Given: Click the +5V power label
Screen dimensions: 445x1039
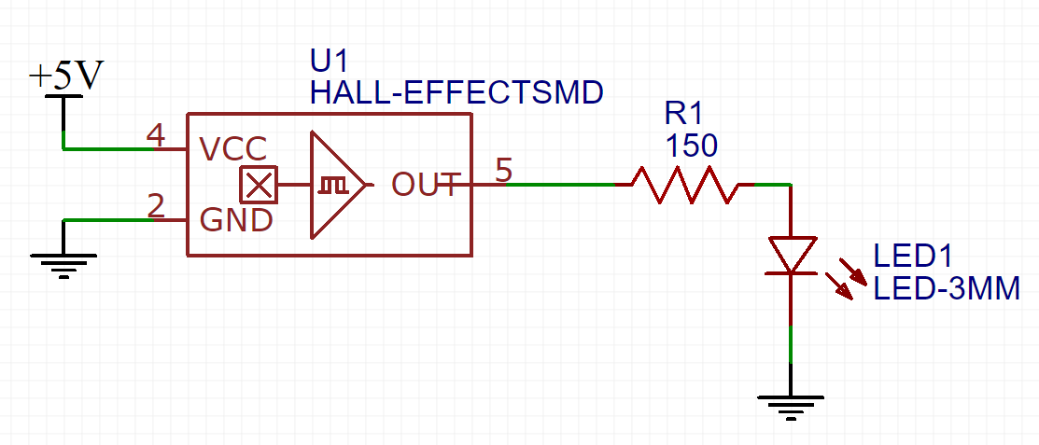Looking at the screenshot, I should pos(65,77).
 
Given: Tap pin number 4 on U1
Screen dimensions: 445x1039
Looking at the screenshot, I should pos(157,136).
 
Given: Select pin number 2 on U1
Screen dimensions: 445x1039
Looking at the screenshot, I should pos(157,206).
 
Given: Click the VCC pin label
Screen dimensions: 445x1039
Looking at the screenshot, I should pos(233,149).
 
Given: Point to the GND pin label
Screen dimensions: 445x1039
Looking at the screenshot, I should pos(236,220).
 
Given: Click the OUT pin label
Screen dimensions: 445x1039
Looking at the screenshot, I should pos(426,185).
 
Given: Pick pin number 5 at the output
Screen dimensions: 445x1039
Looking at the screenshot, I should pos(503,171).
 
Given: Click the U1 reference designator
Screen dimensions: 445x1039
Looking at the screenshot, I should pos(329,62).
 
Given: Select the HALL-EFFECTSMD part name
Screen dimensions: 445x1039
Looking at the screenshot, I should pos(456,92).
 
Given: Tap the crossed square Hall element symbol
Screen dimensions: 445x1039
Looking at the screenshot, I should pos(258,185).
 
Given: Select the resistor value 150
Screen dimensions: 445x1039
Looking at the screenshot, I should pos(691,146).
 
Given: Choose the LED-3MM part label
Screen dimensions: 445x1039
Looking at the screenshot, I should pos(946,290).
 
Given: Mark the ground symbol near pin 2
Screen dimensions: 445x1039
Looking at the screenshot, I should pos(63,265).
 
